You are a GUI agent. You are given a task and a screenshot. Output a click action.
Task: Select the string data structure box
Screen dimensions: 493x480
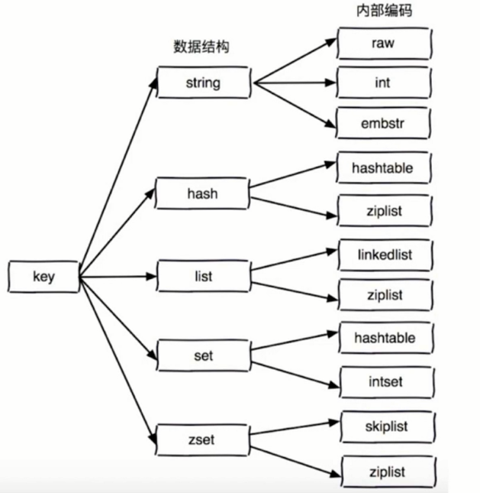pos(203,82)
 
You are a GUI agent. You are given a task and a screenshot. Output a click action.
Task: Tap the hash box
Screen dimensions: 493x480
pos(202,193)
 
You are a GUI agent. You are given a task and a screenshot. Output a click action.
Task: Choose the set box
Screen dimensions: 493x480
pos(202,355)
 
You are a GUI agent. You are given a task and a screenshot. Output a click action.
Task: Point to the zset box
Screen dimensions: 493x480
pos(202,439)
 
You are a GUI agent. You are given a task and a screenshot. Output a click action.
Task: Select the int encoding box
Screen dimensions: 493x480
pos(382,83)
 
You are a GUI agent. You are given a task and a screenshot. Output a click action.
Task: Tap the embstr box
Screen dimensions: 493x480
pos(382,122)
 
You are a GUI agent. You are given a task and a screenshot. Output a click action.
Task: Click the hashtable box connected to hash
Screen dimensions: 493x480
pos(382,168)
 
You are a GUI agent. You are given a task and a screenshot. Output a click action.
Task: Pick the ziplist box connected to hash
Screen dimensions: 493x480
pos(382,210)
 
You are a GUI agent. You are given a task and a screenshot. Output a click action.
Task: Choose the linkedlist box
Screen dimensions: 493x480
pos(382,254)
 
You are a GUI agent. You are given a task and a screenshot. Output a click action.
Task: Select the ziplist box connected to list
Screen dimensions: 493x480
pos(382,295)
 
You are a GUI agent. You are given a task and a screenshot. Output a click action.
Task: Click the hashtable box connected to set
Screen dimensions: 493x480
pos(382,336)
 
